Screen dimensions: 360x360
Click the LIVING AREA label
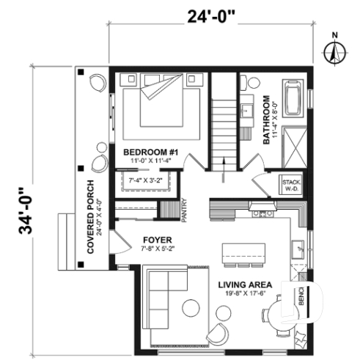pyautogui.click(x=246, y=284)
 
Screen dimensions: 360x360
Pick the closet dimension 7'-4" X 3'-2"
pyautogui.click(x=145, y=180)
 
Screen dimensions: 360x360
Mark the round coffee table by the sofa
pyautogui.click(x=192, y=307)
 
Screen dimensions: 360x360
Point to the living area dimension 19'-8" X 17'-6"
pyautogui.click(x=246, y=295)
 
